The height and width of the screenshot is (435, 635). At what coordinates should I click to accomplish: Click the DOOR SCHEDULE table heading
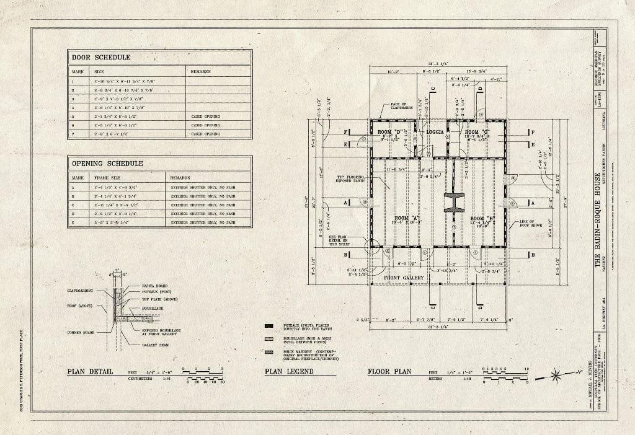100,57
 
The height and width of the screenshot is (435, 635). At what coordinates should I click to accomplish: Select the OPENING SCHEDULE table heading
107,164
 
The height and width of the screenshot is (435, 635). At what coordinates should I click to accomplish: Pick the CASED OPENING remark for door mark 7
205,134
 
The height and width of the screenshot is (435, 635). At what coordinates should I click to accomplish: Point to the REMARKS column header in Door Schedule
201,71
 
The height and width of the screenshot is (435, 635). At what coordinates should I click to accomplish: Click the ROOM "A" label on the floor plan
406,218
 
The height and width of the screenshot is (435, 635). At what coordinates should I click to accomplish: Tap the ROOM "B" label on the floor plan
481,218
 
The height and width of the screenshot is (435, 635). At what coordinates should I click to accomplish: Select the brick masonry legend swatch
268,351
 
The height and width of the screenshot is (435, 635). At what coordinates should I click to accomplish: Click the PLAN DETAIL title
90,372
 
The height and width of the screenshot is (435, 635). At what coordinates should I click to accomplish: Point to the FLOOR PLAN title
389,372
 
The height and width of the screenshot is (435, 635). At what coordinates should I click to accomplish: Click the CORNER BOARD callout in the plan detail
81,333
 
